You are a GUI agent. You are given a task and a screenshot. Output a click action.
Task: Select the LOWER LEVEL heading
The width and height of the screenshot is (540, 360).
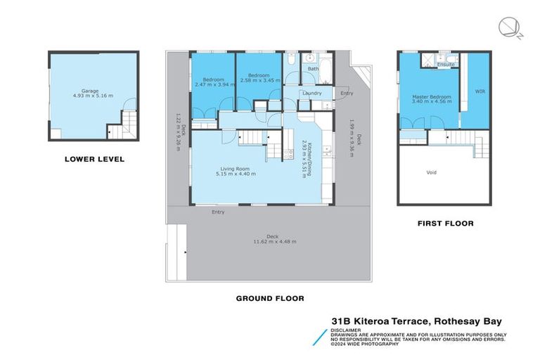94,159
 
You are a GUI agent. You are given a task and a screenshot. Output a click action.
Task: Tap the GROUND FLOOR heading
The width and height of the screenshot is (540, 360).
269,298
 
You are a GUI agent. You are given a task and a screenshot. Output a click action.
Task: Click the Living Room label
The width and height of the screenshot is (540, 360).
231,169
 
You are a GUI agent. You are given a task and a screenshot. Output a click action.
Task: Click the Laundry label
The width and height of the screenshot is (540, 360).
311,93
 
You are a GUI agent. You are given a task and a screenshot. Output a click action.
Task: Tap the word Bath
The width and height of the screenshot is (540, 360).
313,69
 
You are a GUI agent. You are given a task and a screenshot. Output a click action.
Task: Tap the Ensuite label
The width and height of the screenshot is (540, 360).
445,65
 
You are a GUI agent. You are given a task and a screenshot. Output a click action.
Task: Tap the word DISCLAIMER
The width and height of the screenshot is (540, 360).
347,329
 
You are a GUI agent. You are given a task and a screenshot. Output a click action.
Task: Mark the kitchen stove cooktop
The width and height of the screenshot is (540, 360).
288,154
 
